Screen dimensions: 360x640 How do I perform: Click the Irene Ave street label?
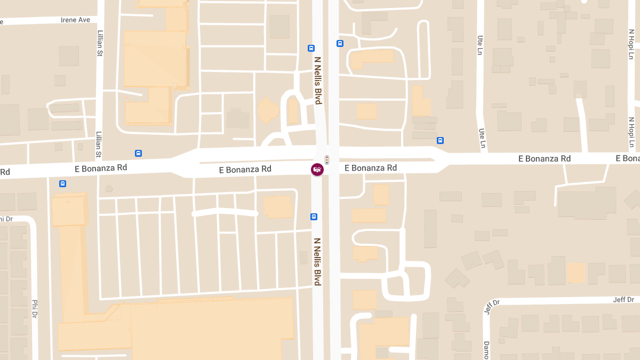coord(75,20)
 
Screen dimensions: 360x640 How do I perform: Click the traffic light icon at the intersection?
coord(327,159)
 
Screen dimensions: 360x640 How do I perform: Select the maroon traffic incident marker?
coord(317,170)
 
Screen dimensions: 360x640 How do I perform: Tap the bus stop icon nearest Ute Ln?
coord(440,140)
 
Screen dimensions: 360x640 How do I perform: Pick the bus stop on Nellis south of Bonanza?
coord(314,217)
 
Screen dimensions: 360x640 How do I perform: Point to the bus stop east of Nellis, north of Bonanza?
coord(340,43)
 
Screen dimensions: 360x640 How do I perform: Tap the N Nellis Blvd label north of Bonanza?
coord(318,81)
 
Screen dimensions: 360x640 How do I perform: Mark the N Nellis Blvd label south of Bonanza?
coord(317,261)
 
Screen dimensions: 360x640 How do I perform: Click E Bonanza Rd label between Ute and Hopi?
coord(545,158)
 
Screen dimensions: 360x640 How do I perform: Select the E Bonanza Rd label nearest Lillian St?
coord(101,167)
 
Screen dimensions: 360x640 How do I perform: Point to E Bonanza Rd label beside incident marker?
coord(371,168)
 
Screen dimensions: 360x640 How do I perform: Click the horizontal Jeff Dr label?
coord(623,300)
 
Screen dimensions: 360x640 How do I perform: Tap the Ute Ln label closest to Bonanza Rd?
coord(482,138)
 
